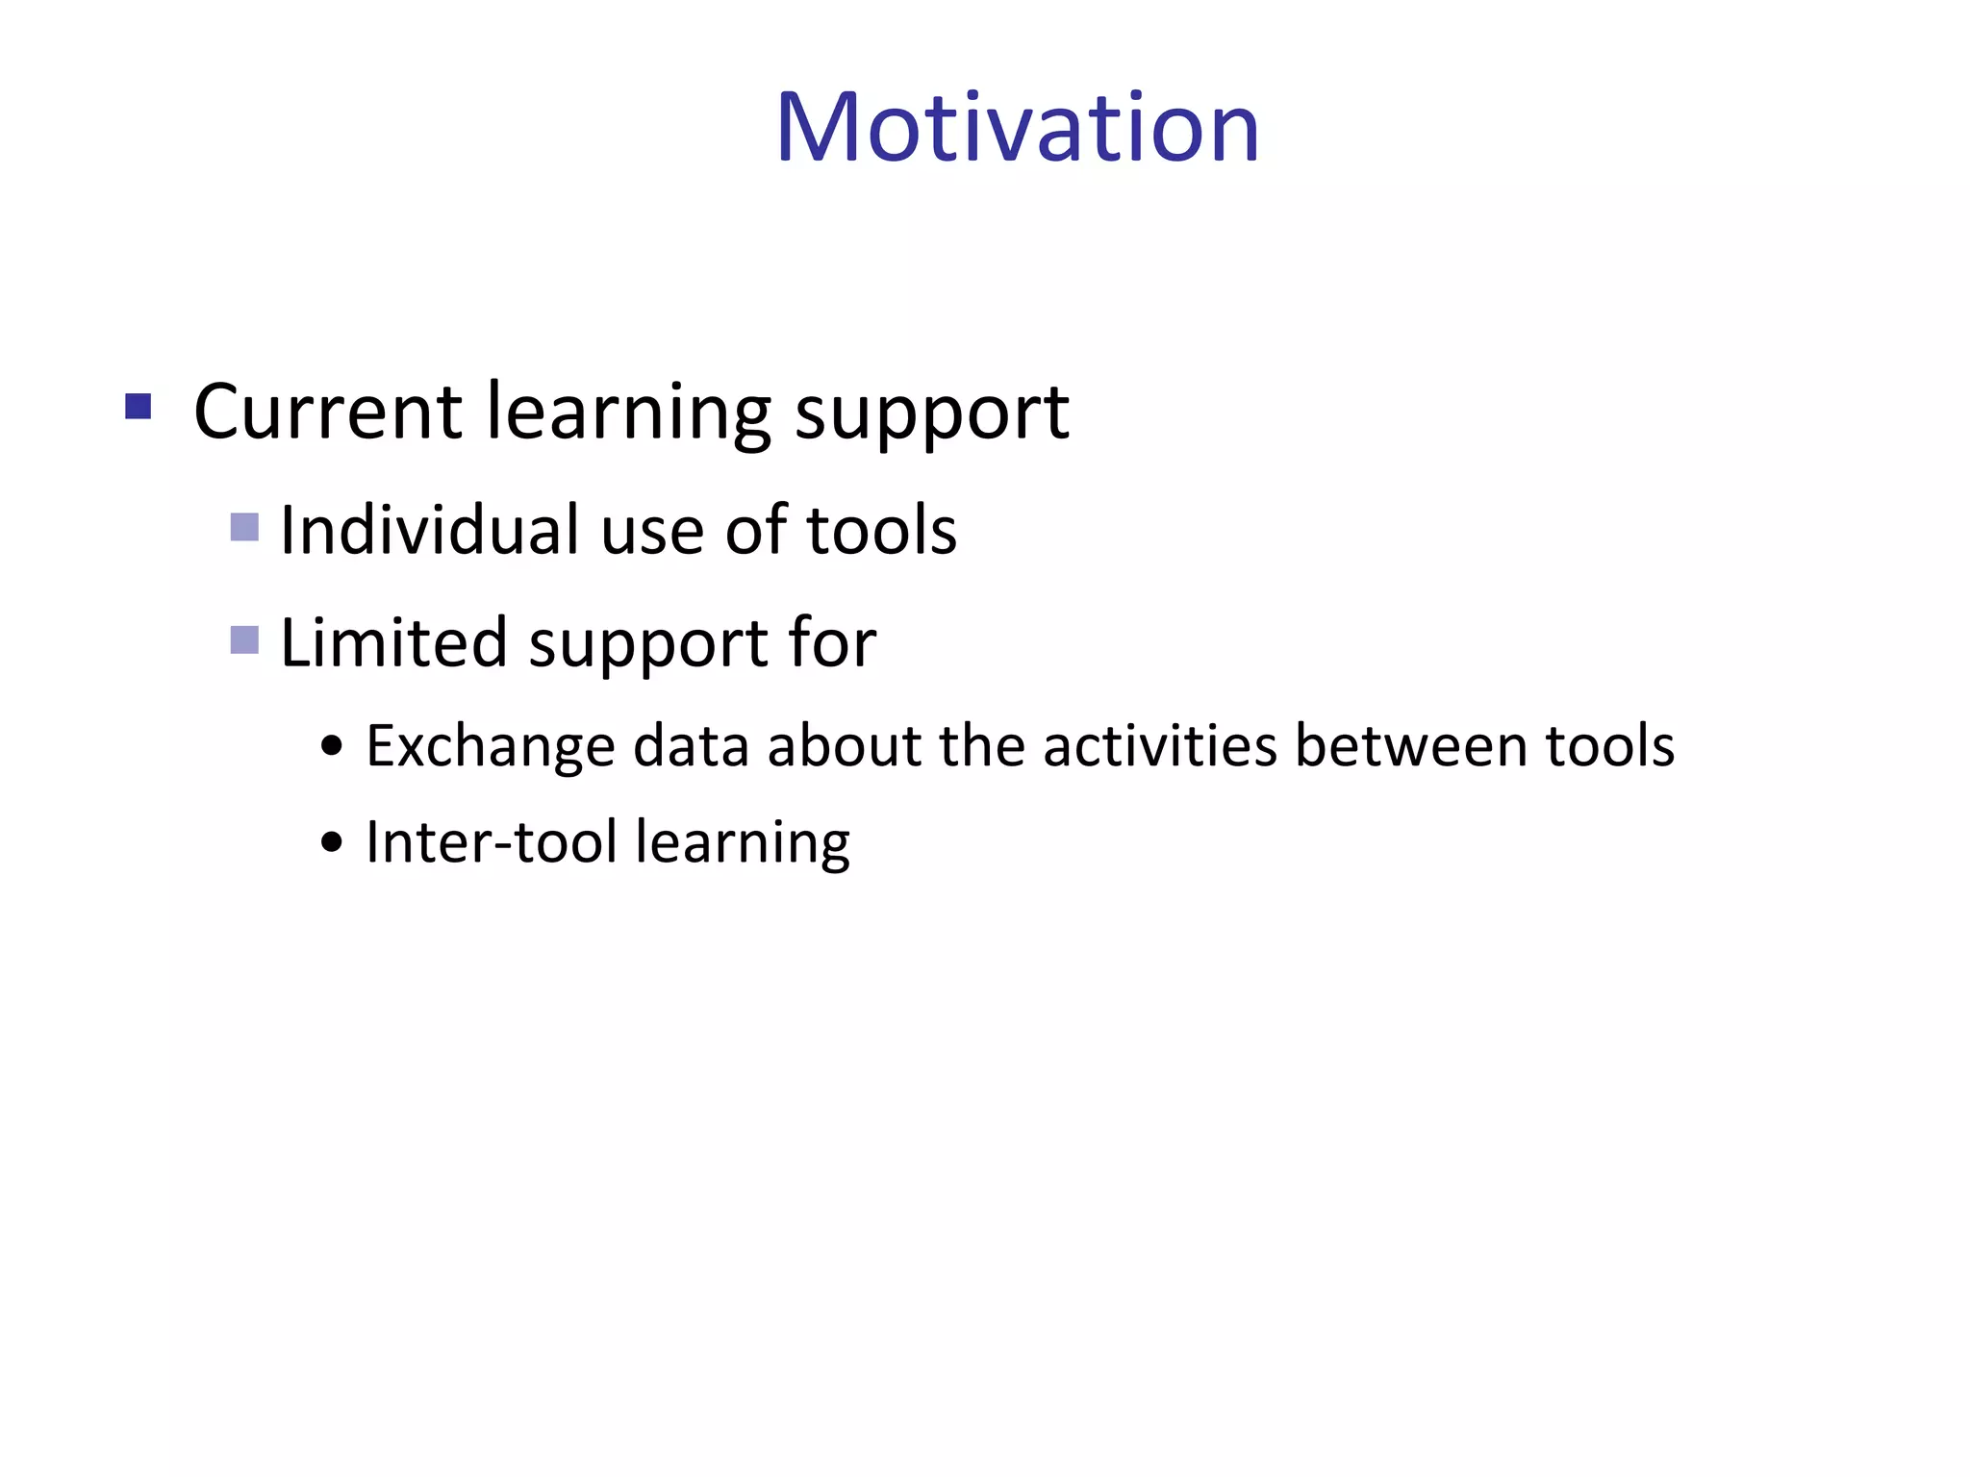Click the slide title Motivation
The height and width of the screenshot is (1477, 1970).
pyautogui.click(x=1017, y=127)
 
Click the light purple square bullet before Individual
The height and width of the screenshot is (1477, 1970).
pyautogui.click(x=244, y=527)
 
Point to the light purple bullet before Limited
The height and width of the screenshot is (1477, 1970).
pyautogui.click(x=244, y=639)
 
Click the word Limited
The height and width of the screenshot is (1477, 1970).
pyautogui.click(x=392, y=642)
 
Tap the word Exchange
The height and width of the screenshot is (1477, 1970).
pyautogui.click(x=490, y=746)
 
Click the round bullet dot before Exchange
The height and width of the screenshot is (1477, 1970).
pyautogui.click(x=332, y=746)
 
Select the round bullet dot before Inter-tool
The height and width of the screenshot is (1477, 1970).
pyautogui.click(x=332, y=843)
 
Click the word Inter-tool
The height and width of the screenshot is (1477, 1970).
pyautogui.click(x=491, y=842)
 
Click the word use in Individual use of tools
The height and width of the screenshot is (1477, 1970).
pyautogui.click(x=651, y=532)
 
